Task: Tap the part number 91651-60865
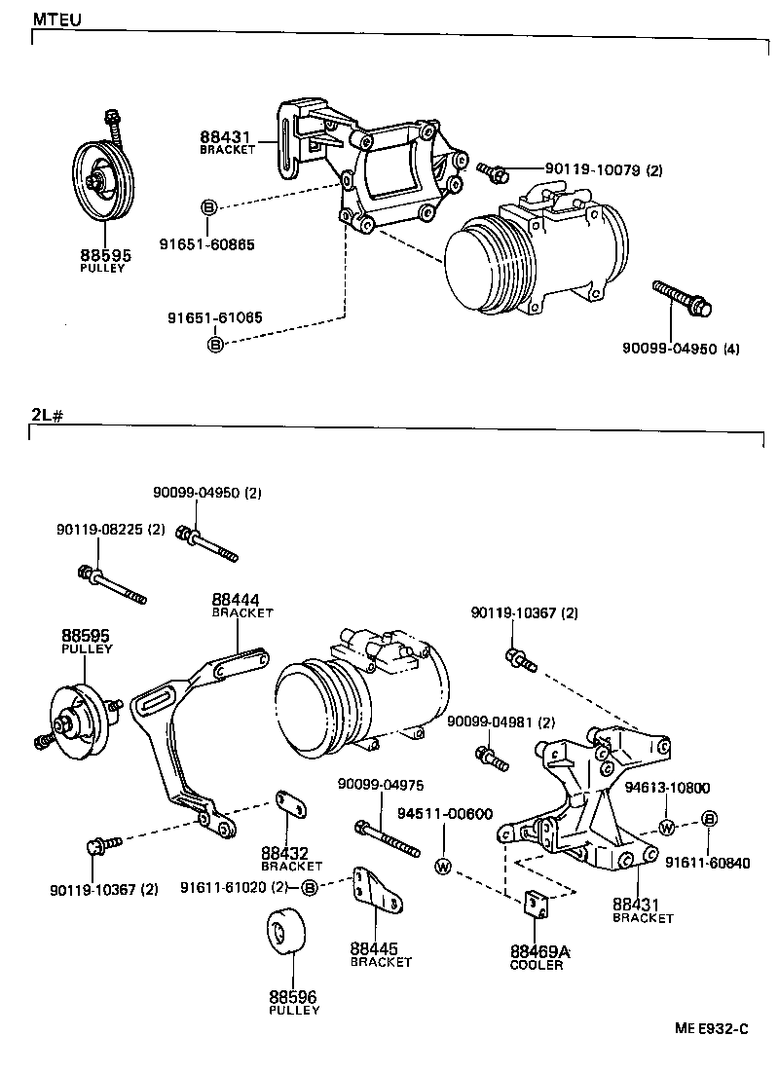(x=207, y=244)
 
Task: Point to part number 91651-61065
(x=214, y=317)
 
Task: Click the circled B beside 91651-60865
(x=207, y=206)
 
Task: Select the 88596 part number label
(x=293, y=997)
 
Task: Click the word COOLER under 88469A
(x=537, y=966)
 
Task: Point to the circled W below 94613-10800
(x=666, y=828)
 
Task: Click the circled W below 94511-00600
(x=444, y=865)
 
